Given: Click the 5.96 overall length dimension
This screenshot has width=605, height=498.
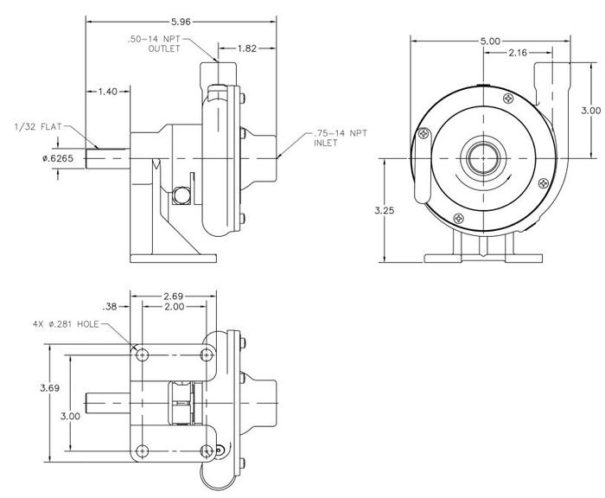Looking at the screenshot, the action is click(x=181, y=22).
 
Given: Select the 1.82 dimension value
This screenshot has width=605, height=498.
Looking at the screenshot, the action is click(x=247, y=48).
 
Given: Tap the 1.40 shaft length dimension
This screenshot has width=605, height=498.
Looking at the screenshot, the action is click(x=108, y=92).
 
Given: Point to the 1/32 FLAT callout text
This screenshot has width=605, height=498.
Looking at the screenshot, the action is click(x=38, y=126).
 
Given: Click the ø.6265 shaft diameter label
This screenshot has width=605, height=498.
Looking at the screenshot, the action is click(x=58, y=158).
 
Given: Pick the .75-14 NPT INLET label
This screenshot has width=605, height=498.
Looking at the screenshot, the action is click(x=341, y=137).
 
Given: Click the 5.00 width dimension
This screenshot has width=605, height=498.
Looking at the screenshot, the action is click(x=490, y=41).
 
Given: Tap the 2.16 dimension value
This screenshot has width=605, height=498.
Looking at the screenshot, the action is click(x=518, y=53).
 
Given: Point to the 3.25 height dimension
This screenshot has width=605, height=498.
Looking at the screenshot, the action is click(x=385, y=210).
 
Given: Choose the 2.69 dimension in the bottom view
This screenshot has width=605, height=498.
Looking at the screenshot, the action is click(x=174, y=297).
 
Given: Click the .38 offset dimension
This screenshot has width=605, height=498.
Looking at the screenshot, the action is click(x=110, y=307).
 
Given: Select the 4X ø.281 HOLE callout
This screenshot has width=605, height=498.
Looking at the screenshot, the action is click(x=66, y=324).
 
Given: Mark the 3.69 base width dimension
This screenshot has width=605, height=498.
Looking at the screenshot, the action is click(x=50, y=388).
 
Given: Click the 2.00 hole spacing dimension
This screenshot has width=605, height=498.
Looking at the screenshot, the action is click(x=175, y=307).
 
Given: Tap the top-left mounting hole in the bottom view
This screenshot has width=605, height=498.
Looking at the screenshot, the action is click(x=143, y=354).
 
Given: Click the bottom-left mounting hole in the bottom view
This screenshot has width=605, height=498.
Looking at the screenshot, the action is click(x=143, y=450).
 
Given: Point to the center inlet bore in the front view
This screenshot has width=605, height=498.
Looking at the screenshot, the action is click(x=483, y=158).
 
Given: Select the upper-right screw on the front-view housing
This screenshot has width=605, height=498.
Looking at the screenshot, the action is click(x=508, y=99).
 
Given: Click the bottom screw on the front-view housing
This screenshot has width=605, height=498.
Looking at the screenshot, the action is click(x=459, y=218).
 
